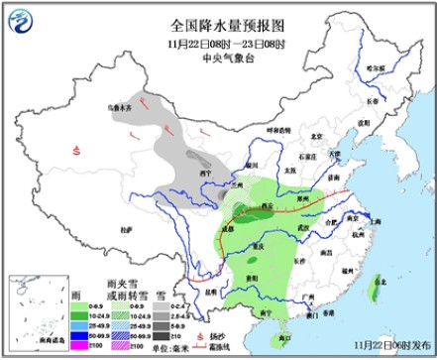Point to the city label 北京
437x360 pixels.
click(x=316, y=137)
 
